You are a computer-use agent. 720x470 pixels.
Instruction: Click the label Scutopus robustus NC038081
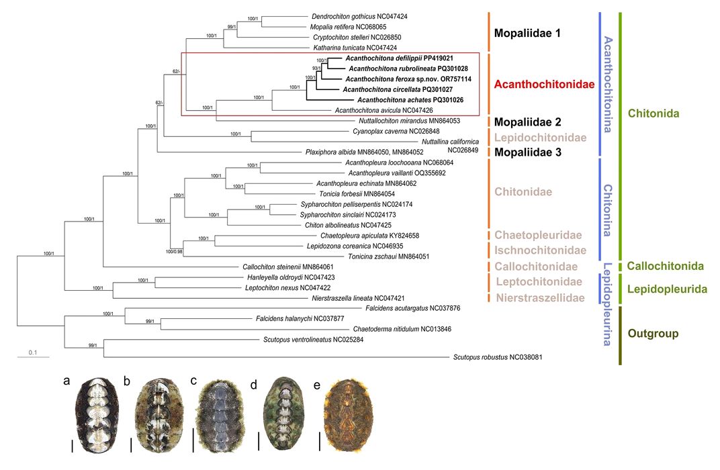[498, 357]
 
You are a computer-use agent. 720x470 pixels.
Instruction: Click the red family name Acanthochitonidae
[544, 85]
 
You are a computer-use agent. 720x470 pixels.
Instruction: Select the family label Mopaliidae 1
[536, 32]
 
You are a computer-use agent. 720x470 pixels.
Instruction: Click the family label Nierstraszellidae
[539, 297]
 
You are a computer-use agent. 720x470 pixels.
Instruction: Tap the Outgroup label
[653, 333]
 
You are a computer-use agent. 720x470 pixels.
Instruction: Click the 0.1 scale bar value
[32, 352]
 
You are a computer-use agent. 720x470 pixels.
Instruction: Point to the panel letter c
[193, 381]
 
